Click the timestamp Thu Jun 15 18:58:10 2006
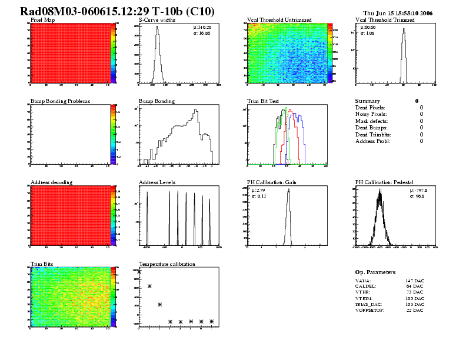click(x=398, y=12)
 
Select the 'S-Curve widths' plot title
click(x=157, y=20)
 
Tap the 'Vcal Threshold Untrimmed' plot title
click(x=279, y=20)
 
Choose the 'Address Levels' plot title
click(x=157, y=182)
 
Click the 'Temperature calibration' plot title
click(x=167, y=264)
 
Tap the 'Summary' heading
click(x=368, y=101)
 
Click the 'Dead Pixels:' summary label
click(x=370, y=108)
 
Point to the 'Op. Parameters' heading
click(x=375, y=272)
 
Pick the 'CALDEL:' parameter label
click(x=366, y=285)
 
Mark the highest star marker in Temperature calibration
click(x=139, y=272)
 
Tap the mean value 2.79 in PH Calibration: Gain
click(x=255, y=190)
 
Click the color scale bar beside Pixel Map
click(x=114, y=53)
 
